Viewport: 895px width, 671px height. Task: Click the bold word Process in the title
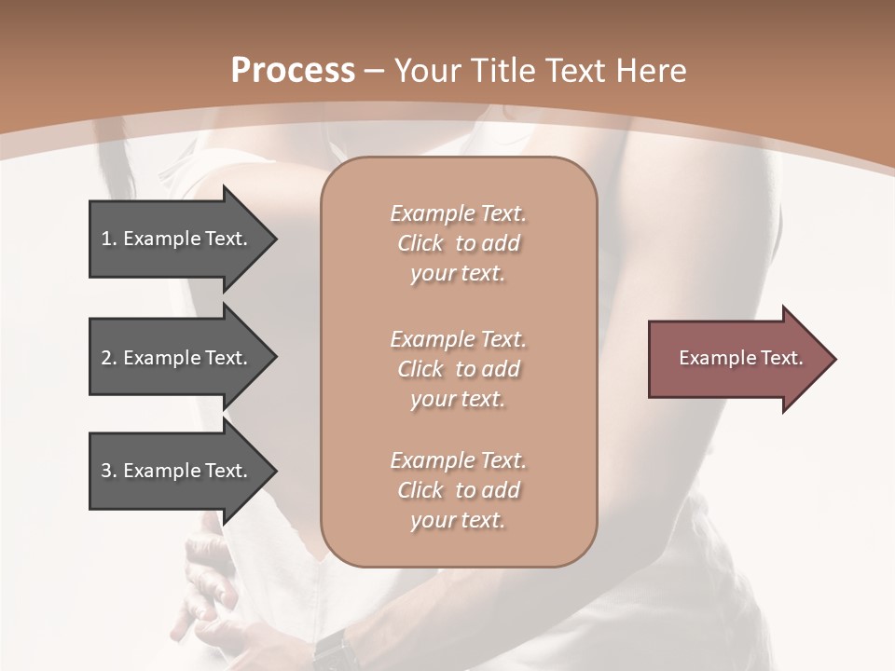tap(293, 71)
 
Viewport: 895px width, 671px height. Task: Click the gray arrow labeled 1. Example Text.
tap(177, 239)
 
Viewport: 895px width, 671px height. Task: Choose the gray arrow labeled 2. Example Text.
tap(177, 358)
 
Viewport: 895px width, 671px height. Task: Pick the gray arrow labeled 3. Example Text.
tap(177, 471)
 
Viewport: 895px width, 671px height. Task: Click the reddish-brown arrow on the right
tap(737, 359)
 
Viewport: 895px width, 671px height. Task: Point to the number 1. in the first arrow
tap(109, 239)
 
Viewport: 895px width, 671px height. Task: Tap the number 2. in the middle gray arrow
tap(109, 358)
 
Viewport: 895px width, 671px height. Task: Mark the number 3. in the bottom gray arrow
tap(109, 471)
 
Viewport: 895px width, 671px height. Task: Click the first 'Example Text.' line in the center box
tap(458, 213)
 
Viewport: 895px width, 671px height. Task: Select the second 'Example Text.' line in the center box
tap(458, 339)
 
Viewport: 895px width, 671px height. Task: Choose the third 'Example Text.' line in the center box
tap(458, 460)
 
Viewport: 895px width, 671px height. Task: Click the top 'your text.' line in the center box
tap(458, 274)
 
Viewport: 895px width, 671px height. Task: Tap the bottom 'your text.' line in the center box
tap(458, 521)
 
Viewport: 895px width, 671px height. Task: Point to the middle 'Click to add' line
tap(458, 369)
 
